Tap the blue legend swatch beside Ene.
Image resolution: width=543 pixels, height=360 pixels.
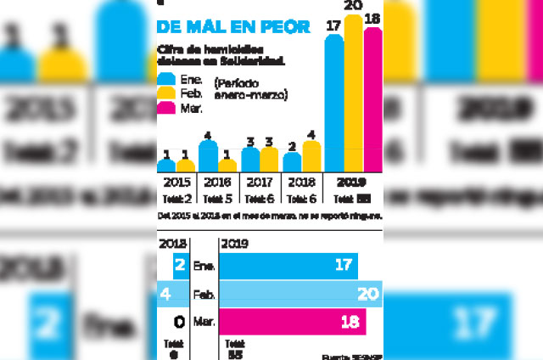[x=166, y=78]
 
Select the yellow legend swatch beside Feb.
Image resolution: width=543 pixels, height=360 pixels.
[x=166, y=93]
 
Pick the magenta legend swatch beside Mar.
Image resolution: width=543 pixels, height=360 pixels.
[x=166, y=107]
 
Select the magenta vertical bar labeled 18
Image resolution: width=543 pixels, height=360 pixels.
[x=372, y=98]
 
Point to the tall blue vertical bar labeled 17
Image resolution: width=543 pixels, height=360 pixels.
[x=334, y=102]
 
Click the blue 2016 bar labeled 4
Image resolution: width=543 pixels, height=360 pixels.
[x=208, y=156]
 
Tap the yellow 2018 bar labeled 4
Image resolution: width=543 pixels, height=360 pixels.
[x=311, y=156]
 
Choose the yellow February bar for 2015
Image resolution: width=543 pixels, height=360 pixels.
[x=186, y=166]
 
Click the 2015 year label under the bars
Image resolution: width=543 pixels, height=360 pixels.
[x=176, y=182]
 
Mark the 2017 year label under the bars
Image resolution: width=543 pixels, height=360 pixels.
[x=260, y=182]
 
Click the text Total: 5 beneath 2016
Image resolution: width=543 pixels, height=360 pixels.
[x=218, y=200]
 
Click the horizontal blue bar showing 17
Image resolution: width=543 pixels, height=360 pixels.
[x=288, y=266]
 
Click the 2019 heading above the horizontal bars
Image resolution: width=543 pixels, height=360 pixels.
[x=232, y=244]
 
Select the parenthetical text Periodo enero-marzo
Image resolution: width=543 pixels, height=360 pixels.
[x=252, y=89]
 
